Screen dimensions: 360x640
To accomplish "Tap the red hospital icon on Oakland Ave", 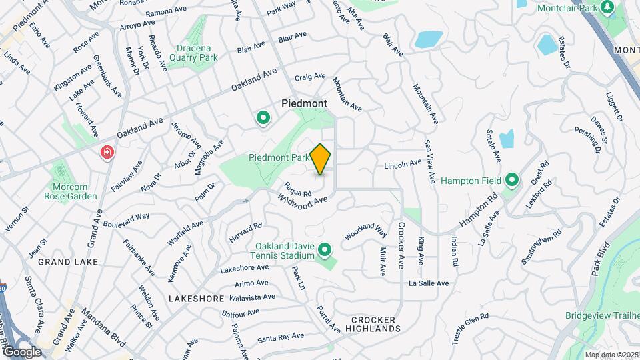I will pos(106,154).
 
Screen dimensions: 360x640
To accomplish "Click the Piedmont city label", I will pos(304,103).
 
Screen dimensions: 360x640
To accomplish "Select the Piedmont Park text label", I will pos(279,158).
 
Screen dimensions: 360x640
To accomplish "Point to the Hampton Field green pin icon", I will pos(512,179).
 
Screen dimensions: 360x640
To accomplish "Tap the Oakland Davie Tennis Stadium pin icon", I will pos(325,250).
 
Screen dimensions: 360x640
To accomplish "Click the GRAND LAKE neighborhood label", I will pos(68,262).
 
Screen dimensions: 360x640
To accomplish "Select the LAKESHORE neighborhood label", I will pos(196,299).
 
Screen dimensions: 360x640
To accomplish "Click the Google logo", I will pos(21,352).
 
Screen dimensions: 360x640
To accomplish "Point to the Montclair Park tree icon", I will pos(607,7).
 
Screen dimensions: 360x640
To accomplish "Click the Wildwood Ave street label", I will pos(305,200).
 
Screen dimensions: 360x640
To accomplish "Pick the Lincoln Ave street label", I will pos(403,163).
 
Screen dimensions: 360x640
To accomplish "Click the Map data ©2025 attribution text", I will pos(611,355).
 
